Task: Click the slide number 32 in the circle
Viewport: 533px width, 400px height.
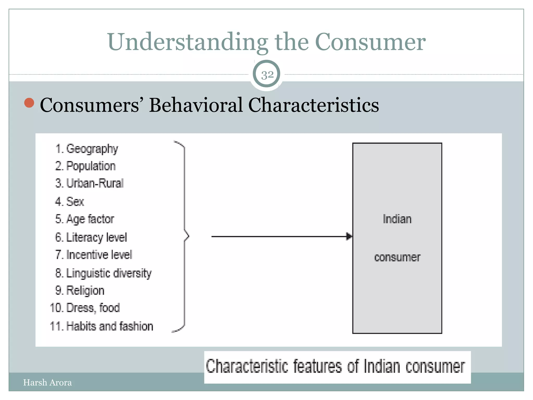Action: click(267, 75)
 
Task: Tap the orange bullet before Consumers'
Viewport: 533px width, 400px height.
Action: click(29, 103)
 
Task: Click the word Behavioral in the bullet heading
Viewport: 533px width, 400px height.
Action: click(196, 105)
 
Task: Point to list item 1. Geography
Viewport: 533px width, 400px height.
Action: click(87, 149)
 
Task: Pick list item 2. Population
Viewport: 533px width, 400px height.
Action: click(85, 166)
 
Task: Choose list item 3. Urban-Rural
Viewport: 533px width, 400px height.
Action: click(89, 183)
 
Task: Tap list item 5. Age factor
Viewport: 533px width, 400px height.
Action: click(85, 219)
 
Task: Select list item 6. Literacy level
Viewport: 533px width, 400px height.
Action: click(91, 238)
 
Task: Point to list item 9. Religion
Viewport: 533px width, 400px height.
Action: click(80, 291)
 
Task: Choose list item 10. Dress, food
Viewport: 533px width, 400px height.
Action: click(85, 308)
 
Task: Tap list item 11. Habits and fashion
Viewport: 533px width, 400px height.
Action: click(101, 326)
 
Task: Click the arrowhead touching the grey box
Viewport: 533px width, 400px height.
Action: click(349, 236)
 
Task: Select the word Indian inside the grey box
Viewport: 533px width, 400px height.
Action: click(397, 219)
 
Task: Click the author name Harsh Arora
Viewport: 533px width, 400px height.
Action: click(47, 383)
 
